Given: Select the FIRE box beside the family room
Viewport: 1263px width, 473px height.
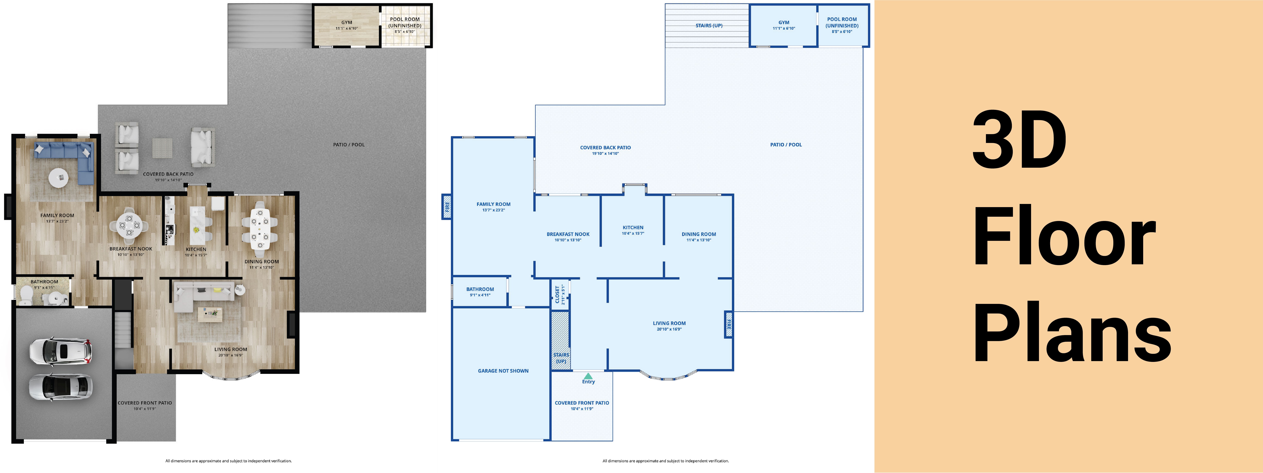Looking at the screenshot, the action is coord(447,207).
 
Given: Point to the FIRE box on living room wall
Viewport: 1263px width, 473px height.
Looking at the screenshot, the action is coord(729,325).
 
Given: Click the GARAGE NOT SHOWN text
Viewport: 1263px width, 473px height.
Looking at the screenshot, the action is coord(503,371).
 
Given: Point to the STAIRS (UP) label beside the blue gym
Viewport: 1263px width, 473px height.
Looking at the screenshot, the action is coord(709,26).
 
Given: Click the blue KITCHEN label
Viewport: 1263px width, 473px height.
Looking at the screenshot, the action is coord(633,227).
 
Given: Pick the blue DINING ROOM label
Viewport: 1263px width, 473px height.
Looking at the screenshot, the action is coord(699,234).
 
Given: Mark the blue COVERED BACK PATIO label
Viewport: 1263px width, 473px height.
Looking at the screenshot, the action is coord(605,147).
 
